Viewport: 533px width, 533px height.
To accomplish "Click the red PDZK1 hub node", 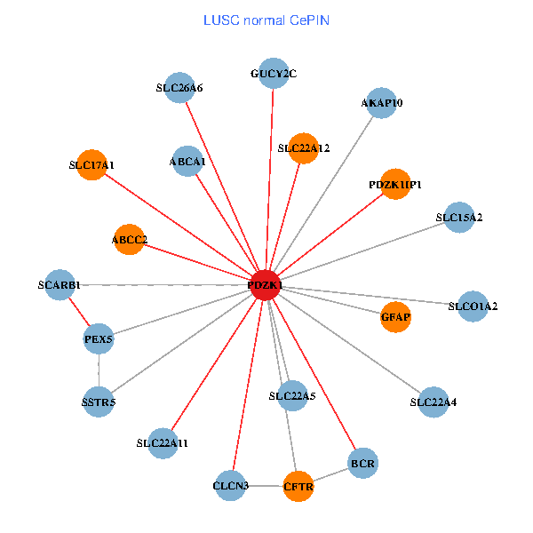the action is (x=266, y=284).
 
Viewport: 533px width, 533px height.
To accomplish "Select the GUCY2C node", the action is (x=273, y=73).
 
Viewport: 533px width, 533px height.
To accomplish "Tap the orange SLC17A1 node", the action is (x=92, y=164).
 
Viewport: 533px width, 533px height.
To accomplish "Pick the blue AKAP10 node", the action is (x=381, y=103).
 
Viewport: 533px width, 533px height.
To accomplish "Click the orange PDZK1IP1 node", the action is (x=394, y=184).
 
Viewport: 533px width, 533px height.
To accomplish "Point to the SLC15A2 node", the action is (x=458, y=218).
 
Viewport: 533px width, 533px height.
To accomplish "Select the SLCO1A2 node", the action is (x=472, y=307).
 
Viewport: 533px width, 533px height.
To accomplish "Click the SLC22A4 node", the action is (x=433, y=402).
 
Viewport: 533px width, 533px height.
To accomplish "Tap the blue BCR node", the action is (x=363, y=463).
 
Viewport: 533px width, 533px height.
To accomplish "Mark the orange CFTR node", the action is (x=298, y=486).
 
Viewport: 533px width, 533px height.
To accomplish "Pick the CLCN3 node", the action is (x=231, y=485).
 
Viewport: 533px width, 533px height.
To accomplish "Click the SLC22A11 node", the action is (x=163, y=442).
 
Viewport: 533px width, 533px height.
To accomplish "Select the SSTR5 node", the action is (x=99, y=402).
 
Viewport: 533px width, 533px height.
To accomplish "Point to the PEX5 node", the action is (x=99, y=339).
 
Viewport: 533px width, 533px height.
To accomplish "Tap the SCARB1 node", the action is (x=60, y=285).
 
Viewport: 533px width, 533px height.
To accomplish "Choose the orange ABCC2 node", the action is (x=129, y=239).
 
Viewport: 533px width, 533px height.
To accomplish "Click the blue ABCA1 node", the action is (x=187, y=162).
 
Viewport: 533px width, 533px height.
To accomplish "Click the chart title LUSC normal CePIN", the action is (x=266, y=20).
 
